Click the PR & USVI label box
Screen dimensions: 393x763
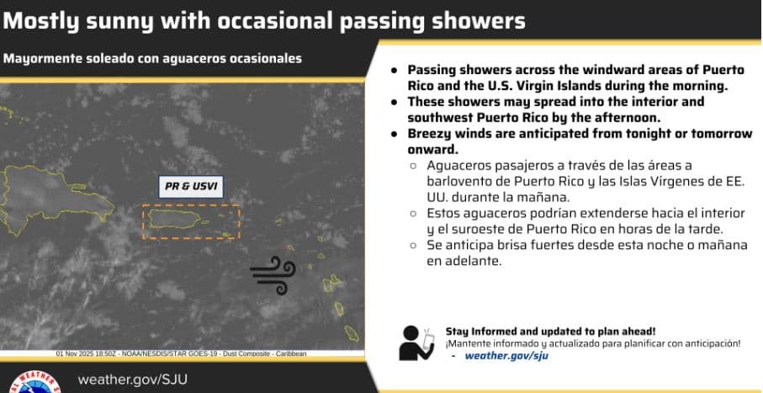(x=191, y=187)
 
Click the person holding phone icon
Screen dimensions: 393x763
(x=416, y=342)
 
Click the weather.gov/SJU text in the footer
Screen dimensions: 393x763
(x=132, y=380)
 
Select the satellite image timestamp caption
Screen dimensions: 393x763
(x=181, y=353)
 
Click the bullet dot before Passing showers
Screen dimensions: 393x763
(x=394, y=71)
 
